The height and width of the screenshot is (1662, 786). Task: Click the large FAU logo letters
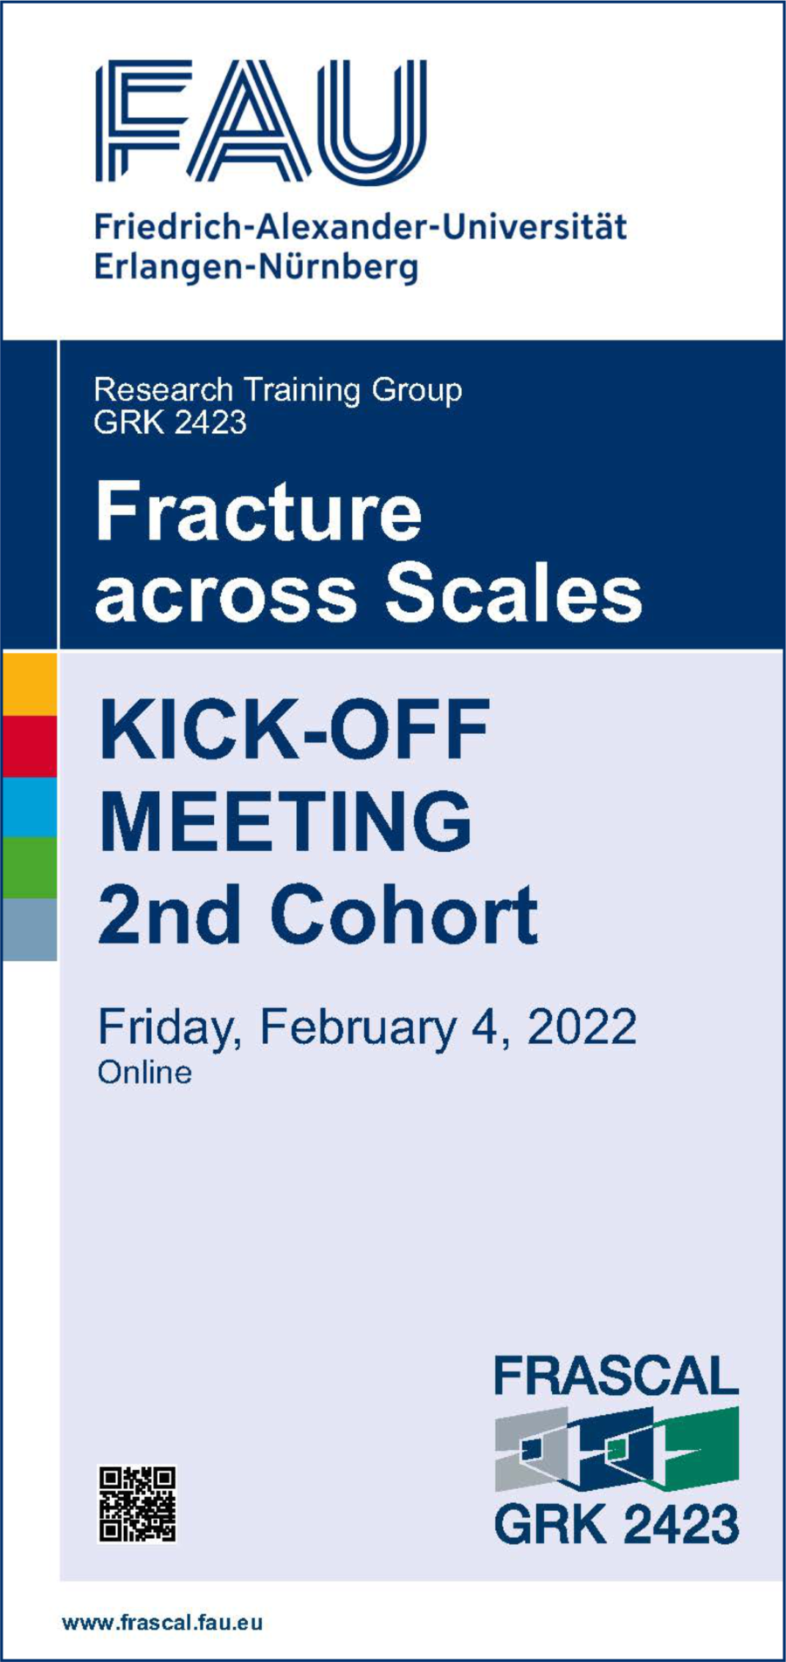[261, 120]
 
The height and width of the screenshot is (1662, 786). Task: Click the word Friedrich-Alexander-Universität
[361, 228]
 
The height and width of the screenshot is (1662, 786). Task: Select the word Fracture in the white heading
[259, 512]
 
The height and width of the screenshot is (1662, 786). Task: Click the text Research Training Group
[278, 390]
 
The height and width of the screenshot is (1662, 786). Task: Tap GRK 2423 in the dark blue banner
[170, 422]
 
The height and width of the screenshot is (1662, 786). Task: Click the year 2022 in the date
[581, 1027]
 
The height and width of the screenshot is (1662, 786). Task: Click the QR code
[137, 1504]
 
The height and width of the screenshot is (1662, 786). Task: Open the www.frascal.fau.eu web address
[162, 1623]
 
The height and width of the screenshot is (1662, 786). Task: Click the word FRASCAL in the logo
[617, 1377]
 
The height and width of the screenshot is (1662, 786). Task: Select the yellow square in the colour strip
[29, 684]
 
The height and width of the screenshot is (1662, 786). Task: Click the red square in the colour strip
[29, 746]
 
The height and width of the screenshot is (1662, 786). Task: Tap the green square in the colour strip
[29, 868]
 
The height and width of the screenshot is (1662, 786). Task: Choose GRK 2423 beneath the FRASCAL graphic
[617, 1525]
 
